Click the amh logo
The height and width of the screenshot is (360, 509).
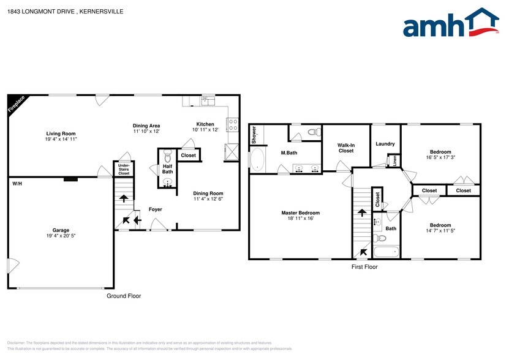450,26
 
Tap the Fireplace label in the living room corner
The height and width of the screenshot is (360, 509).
17,105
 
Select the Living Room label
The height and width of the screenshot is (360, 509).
61,133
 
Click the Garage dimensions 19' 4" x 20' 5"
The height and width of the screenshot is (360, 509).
61,236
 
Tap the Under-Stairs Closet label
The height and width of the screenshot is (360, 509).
123,170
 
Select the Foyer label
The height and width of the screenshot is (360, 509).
156,209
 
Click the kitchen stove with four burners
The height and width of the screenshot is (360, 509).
233,125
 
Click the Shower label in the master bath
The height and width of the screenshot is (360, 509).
254,135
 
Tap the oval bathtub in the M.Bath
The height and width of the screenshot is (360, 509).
258,160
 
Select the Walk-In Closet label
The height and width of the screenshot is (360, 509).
345,148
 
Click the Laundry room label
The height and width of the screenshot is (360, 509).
385,144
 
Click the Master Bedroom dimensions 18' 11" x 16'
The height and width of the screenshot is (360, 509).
300,219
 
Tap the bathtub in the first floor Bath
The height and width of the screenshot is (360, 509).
386,251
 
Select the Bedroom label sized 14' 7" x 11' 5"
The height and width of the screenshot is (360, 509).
440,225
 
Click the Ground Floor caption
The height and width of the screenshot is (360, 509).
124,296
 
